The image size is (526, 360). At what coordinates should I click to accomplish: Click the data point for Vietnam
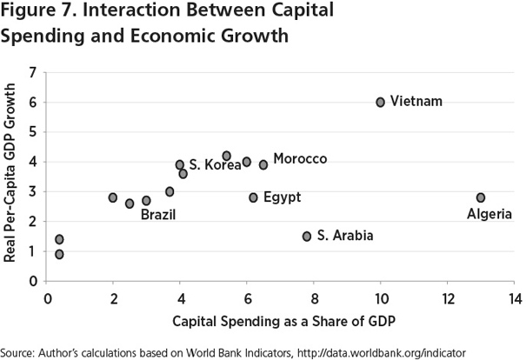380,102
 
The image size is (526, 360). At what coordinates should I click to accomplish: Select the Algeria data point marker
481,197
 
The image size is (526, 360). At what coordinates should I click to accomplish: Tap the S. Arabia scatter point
307,236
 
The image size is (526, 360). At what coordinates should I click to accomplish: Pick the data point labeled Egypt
253,197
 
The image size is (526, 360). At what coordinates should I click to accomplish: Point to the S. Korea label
215,164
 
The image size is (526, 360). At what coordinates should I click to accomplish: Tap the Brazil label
158,213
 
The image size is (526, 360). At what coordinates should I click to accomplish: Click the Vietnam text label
416,102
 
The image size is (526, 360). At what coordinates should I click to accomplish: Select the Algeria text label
489,214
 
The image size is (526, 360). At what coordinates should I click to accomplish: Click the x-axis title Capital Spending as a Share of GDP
283,321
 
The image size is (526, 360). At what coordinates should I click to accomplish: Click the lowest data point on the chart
59,254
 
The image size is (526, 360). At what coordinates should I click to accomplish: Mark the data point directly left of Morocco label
263,164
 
